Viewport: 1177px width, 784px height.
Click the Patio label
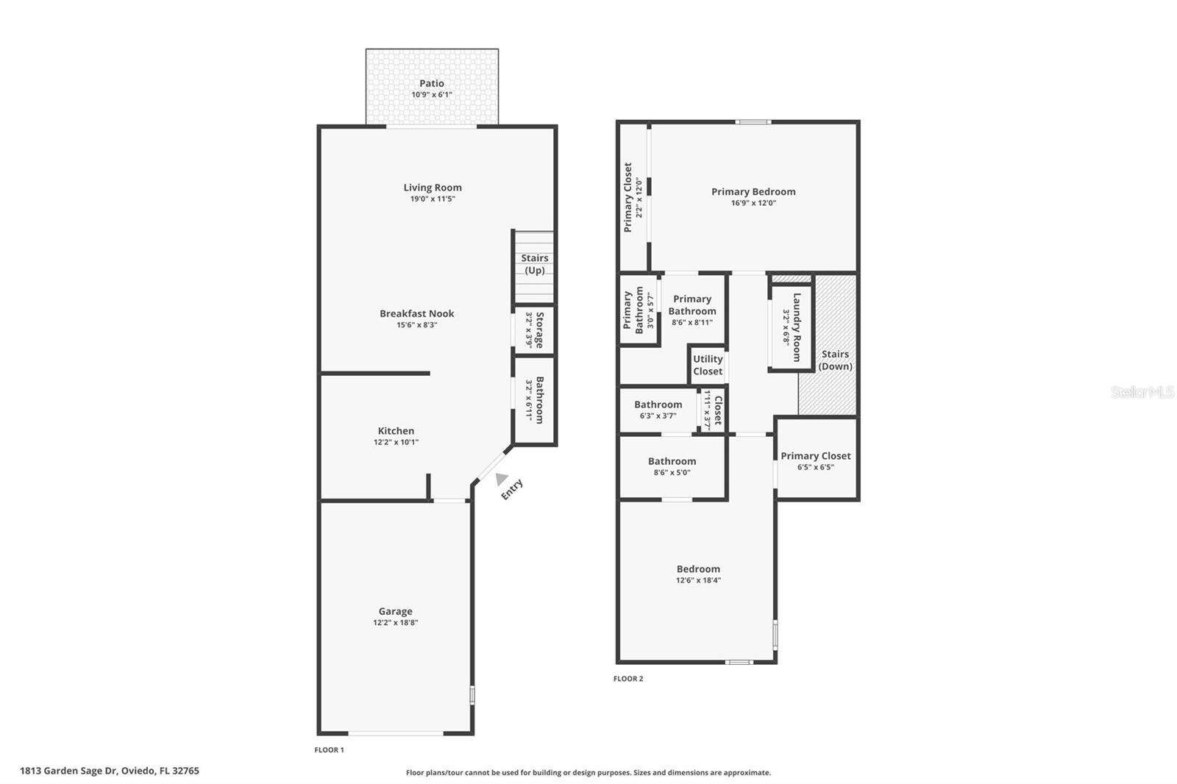(432, 84)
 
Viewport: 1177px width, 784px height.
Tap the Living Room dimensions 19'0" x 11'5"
(433, 199)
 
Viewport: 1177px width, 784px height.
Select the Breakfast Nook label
(416, 313)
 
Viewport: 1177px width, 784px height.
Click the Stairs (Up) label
(534, 264)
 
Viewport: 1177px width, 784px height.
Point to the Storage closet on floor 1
(534, 330)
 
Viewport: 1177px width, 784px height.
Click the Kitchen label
(396, 431)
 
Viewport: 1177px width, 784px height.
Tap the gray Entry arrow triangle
(501, 479)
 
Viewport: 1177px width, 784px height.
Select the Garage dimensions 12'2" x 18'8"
(395, 623)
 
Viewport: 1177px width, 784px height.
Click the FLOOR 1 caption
(329, 750)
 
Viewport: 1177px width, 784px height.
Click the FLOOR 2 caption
(628, 679)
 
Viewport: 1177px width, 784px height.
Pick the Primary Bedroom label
(753, 192)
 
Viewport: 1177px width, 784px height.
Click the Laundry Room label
(796, 327)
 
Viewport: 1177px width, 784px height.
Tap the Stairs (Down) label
(835, 360)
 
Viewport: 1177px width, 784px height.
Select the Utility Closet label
(708, 365)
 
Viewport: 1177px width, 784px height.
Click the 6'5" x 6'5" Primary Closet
(815, 460)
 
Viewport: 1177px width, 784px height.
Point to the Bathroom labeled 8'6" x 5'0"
(672, 466)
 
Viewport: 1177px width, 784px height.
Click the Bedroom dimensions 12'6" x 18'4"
(698, 580)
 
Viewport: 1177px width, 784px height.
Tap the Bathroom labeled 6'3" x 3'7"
(658, 410)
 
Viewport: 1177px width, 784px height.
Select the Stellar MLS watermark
(1142, 393)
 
